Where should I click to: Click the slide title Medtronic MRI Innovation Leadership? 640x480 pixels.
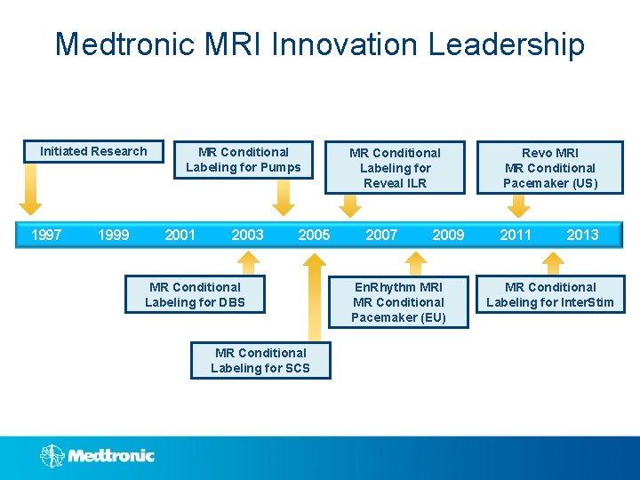coord(320,44)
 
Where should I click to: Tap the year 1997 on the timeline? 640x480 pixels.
coord(46,235)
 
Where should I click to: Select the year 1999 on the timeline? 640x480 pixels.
coord(113,235)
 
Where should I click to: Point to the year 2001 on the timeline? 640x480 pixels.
coord(180,235)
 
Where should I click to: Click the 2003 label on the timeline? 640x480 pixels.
coord(247,235)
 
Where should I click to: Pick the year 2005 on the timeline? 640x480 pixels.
coord(314,235)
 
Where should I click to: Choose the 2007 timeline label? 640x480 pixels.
coord(381,235)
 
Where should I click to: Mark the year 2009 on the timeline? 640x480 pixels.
coord(448,235)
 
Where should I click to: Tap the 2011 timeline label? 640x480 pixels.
coord(516,235)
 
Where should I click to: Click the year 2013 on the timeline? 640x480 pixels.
coord(582,235)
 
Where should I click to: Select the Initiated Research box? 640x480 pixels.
coord(93,152)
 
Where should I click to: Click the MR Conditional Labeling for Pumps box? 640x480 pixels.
coord(244,160)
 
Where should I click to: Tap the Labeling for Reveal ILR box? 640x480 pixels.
coord(395,167)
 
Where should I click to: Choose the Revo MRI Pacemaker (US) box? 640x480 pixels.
coord(550,167)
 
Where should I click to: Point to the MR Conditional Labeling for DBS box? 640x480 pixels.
coord(195,295)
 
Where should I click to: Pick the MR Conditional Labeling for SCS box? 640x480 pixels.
coord(260,360)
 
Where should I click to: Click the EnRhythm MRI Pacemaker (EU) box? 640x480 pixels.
coord(397,302)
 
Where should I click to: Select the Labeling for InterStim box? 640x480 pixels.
coord(550,295)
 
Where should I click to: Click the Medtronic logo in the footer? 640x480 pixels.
coord(98,456)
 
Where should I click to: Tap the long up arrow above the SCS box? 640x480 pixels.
coord(314,298)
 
